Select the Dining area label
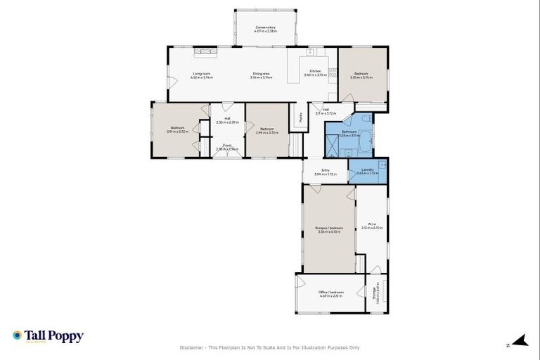(x=263, y=75)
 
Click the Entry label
(x=326, y=171)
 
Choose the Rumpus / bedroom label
(x=329, y=229)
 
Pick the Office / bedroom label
(x=329, y=294)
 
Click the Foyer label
(x=227, y=147)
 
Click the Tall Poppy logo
(x=48, y=336)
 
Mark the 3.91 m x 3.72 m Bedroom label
(x=175, y=130)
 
